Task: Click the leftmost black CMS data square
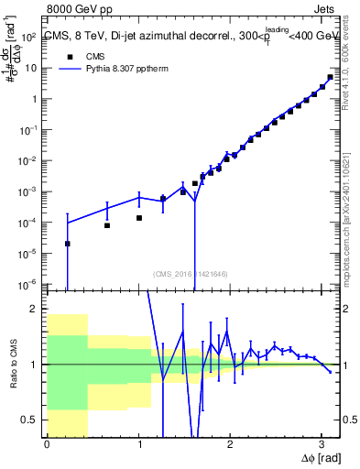click(x=68, y=244)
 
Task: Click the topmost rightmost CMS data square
click(x=330, y=77)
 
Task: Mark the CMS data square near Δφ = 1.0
click(x=139, y=218)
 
